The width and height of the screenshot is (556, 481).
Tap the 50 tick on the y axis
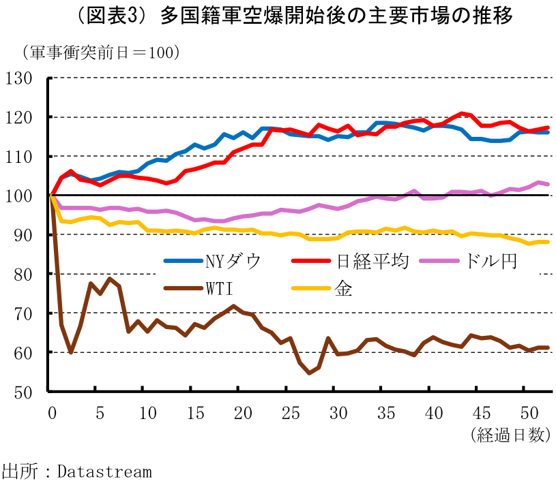tap(23, 392)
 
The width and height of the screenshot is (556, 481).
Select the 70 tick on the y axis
tap(23, 313)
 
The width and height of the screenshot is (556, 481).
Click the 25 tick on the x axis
tap(290, 414)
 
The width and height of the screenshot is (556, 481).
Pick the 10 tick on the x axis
tap(147, 414)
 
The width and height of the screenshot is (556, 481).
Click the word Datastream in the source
tap(104, 471)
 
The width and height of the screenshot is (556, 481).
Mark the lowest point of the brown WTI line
tap(309, 373)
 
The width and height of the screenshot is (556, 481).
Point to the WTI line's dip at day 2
tap(71, 352)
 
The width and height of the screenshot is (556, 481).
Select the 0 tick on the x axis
tap(52, 414)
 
